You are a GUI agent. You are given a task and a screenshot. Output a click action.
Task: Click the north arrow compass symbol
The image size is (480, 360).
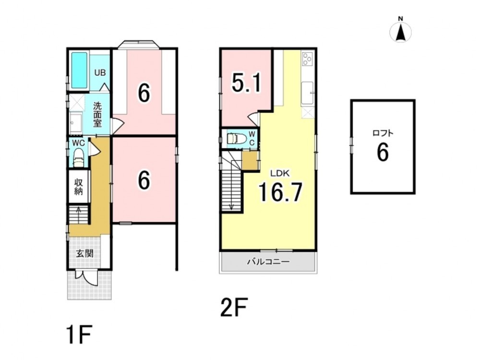(400, 30)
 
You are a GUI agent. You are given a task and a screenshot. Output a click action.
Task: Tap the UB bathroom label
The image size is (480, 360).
(100, 73)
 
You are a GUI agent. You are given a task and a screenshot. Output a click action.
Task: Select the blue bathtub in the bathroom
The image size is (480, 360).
(79, 71)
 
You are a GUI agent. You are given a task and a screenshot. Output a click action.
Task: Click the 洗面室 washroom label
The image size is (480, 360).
(97, 115)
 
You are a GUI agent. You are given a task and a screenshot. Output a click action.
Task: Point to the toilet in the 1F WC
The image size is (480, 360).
(79, 157)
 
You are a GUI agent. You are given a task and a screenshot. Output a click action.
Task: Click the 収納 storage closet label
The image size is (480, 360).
(79, 187)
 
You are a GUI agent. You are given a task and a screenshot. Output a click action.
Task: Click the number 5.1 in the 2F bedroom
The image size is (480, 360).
(246, 83)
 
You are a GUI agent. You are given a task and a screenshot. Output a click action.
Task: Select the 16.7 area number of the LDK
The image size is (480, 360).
(280, 192)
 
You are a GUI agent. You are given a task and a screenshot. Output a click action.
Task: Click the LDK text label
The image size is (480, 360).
(280, 174)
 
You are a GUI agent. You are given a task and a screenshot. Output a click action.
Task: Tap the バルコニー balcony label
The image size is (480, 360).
(268, 262)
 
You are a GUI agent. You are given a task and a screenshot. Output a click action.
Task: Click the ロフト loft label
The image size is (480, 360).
(383, 133)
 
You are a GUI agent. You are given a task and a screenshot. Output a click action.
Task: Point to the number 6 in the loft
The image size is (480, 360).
(383, 152)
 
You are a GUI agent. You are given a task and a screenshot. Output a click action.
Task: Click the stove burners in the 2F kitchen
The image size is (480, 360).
(307, 59)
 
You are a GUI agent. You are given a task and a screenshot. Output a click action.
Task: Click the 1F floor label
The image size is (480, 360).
(79, 335)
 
